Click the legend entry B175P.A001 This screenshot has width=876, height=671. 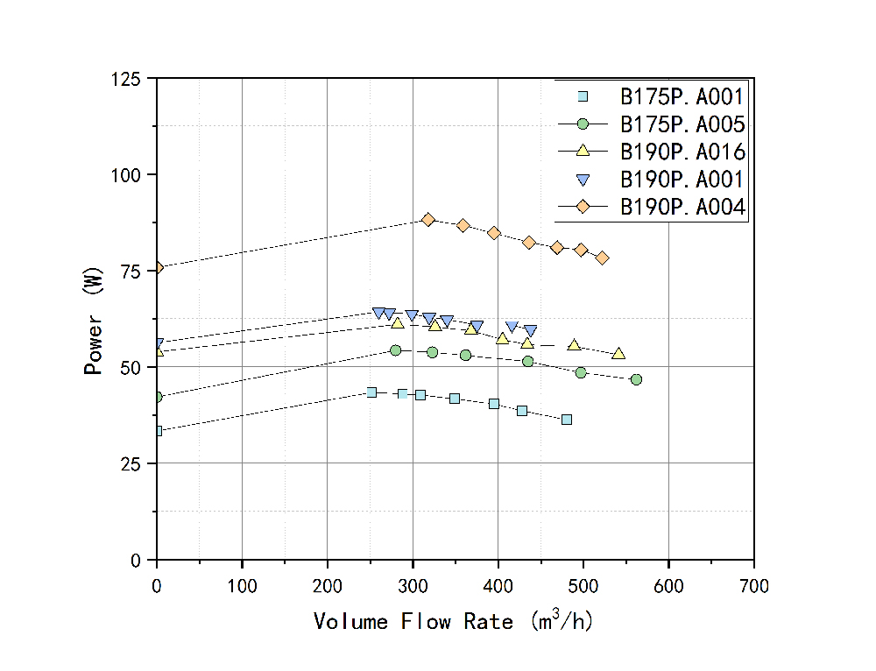[682, 96]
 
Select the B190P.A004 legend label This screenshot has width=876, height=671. [682, 208]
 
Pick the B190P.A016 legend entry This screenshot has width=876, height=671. [682, 152]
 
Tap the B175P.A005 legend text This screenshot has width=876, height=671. [682, 124]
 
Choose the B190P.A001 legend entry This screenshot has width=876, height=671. [682, 180]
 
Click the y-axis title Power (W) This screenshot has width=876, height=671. [94, 320]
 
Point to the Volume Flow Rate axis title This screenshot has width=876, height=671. [453, 621]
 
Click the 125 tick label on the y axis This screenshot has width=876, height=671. [127, 80]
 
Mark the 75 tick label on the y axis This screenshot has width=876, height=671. [132, 272]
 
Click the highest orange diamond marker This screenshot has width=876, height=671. [427, 220]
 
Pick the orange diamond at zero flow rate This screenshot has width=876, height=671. [157, 267]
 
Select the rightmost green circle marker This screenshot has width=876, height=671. [636, 379]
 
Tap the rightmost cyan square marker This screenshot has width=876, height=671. [567, 420]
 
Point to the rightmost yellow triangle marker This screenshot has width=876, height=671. [618, 354]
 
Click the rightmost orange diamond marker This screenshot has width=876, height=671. [602, 258]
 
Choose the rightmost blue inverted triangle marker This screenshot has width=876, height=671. [530, 331]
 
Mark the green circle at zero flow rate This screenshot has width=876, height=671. [157, 397]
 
